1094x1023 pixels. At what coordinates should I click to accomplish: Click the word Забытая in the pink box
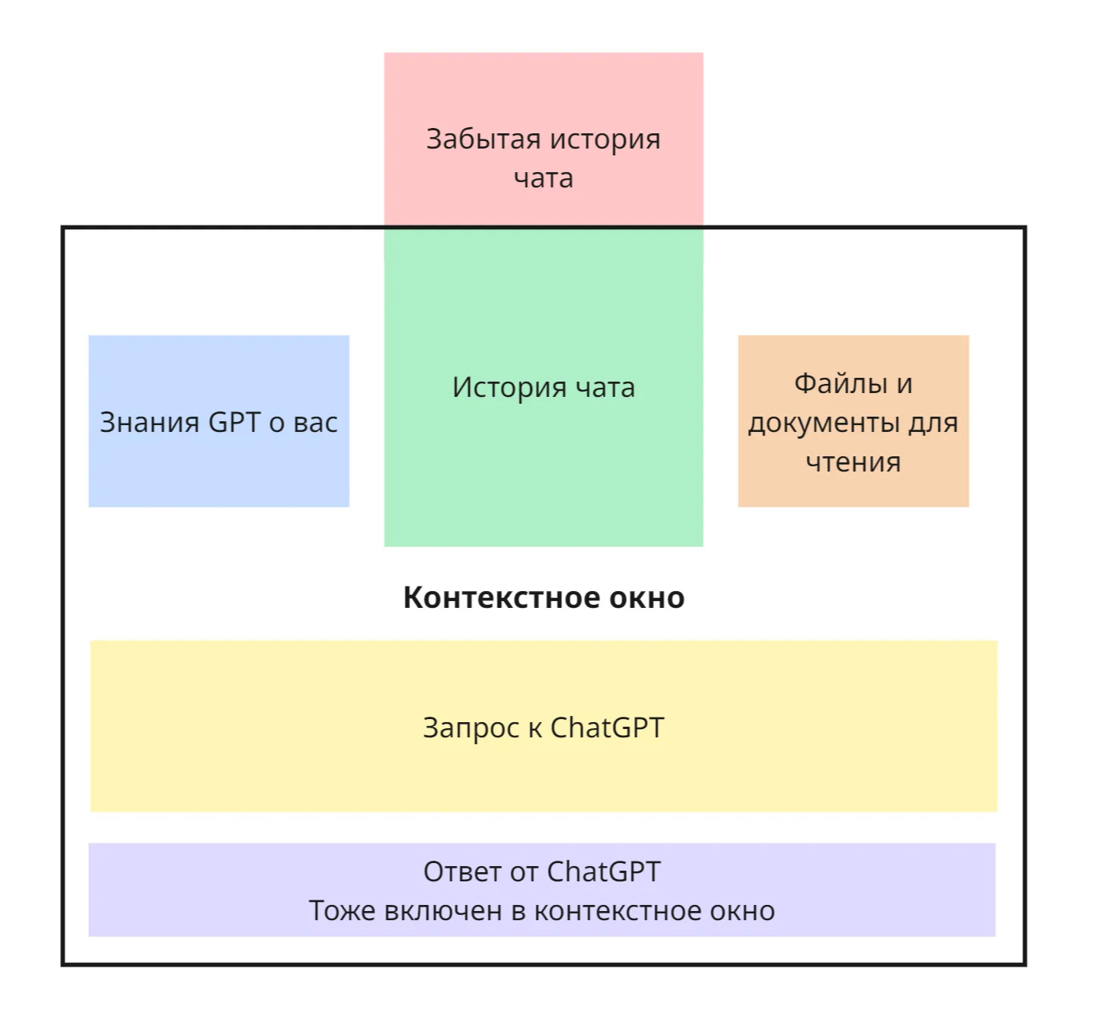tap(483, 139)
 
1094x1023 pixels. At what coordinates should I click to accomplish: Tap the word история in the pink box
tap(605, 139)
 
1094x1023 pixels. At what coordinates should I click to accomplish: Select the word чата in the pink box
tap(543, 179)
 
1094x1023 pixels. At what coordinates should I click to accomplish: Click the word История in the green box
tap(509, 388)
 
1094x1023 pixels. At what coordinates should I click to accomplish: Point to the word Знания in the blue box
tap(149, 423)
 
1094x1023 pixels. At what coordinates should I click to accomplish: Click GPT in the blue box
tap(234, 423)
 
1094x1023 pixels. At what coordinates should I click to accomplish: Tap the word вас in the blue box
tap(315, 423)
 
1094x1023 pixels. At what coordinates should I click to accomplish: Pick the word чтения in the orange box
tap(853, 462)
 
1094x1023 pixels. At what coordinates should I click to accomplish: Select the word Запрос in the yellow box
tap(471, 728)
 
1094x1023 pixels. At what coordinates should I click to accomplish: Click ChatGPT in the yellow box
tap(607, 728)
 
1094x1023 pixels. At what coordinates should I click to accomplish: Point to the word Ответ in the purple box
tap(462, 871)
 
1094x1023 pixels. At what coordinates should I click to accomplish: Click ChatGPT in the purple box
tap(603, 871)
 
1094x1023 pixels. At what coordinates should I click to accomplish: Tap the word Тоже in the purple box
tap(343, 911)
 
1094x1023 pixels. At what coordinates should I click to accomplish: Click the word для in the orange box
tap(936, 423)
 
